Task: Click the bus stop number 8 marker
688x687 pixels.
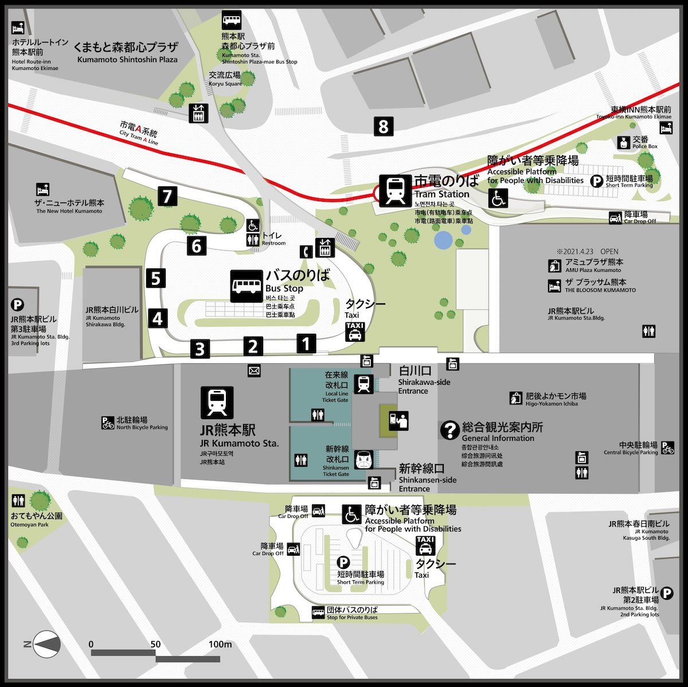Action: [384, 126]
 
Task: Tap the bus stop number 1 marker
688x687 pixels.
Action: [306, 343]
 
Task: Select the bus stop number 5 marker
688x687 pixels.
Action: [155, 278]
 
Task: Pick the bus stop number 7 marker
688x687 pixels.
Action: [167, 196]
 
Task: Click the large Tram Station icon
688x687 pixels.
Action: [395, 190]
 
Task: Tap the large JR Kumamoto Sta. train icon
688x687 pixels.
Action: [217, 402]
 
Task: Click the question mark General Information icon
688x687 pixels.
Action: [449, 430]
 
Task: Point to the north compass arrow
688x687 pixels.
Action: [46, 645]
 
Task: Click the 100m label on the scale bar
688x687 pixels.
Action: [220, 644]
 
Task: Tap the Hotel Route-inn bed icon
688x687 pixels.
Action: [18, 28]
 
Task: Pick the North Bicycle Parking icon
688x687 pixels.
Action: [107, 423]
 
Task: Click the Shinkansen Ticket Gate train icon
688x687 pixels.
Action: [363, 459]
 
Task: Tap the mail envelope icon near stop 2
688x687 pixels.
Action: [254, 370]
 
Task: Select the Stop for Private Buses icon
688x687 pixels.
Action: [318, 613]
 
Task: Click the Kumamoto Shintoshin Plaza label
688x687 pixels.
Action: [127, 52]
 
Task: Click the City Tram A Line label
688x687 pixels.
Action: [138, 133]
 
